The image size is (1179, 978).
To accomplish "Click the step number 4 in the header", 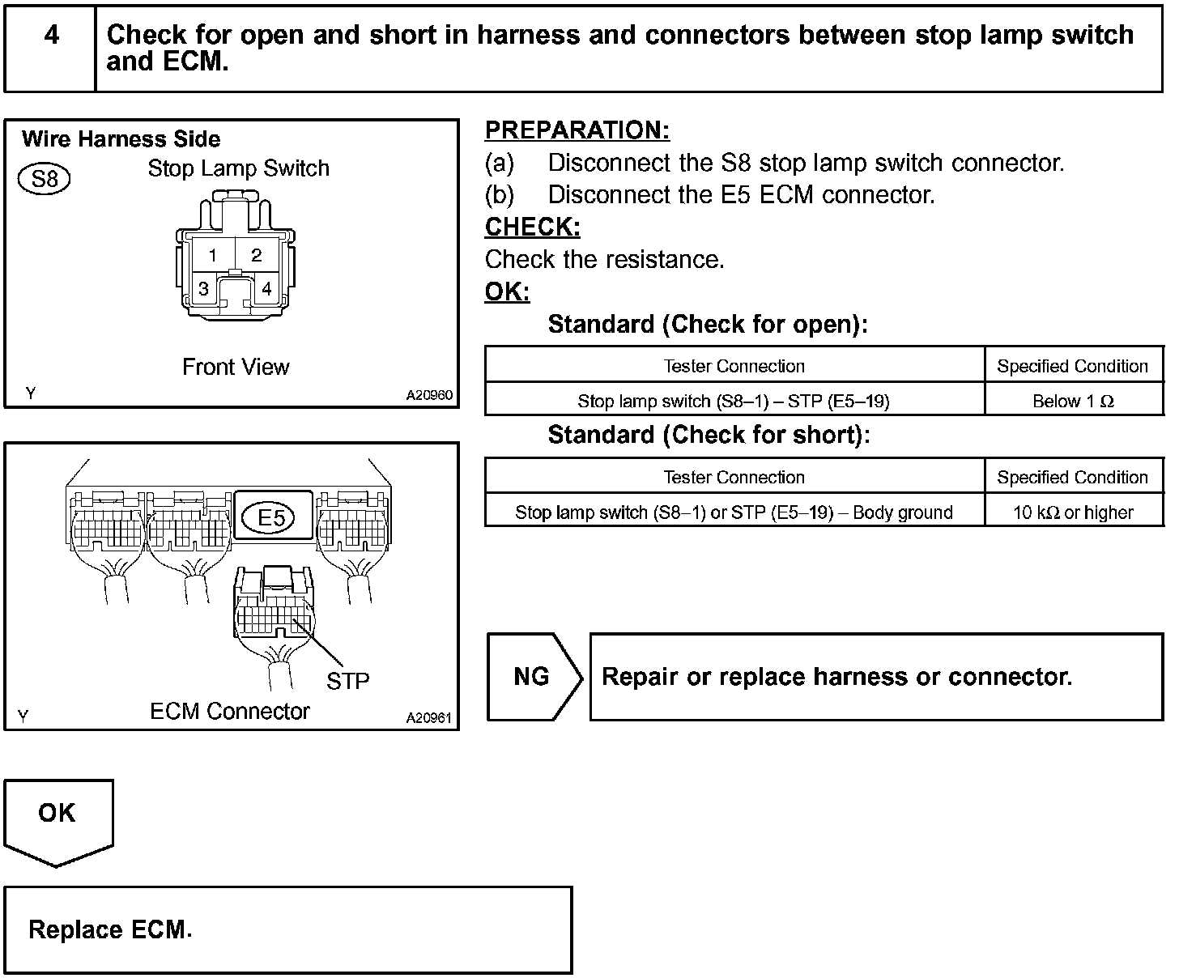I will tap(51, 36).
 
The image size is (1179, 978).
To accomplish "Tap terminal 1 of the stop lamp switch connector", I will tap(212, 256).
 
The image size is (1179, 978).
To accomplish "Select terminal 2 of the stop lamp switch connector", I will tap(256, 256).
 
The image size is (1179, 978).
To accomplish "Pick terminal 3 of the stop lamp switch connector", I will tap(203, 289).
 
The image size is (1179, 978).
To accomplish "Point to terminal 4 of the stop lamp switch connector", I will tap(266, 289).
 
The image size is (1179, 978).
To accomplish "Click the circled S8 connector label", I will tap(44, 178).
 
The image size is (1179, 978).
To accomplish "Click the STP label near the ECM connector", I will tap(347, 682).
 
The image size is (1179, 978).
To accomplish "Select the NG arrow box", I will tap(532, 677).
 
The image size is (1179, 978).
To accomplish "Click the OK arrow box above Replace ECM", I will tap(57, 814).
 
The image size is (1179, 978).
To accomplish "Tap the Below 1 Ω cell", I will tap(1073, 401).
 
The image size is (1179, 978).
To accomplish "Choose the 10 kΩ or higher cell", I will tap(1073, 512).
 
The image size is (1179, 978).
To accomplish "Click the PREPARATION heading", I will tap(577, 130).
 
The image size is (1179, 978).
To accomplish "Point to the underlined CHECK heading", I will tap(532, 227).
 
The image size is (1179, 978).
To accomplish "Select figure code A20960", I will tap(429, 395).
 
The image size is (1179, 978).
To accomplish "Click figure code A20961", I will tap(429, 717).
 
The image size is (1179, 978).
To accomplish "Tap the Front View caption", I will tap(235, 367).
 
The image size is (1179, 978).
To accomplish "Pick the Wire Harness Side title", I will tap(121, 139).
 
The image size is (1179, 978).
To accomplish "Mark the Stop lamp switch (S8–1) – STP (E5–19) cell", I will tap(734, 401).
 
